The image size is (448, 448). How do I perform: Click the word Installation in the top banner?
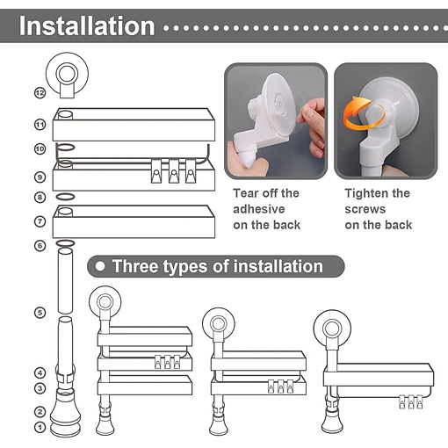87,26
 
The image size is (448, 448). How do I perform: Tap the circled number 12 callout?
40,93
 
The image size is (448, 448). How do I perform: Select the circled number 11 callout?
40,125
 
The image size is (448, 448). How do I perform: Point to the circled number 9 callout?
40,177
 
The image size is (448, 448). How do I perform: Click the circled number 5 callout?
40,313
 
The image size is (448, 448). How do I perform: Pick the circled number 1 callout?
40,427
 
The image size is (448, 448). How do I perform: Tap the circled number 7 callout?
40,221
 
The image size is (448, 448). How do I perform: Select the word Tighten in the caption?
366,193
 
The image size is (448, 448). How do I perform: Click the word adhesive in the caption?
259,209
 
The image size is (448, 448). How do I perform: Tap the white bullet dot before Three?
100,266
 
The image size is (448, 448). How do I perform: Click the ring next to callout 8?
65,197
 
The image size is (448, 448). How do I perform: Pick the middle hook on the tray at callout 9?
174,171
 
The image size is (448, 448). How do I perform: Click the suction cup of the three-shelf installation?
105,301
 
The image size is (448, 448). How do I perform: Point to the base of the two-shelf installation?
219,423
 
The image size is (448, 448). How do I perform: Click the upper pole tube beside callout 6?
65,281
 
